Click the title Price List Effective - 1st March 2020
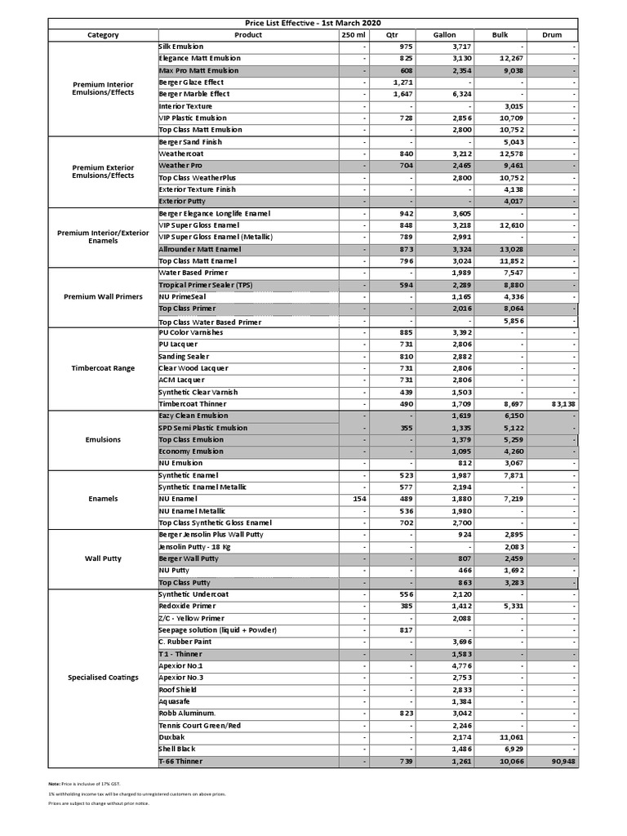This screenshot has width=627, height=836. (x=313, y=23)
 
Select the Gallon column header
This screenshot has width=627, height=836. (x=444, y=35)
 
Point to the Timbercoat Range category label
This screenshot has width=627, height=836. (x=103, y=368)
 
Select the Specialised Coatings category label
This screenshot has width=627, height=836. (x=103, y=678)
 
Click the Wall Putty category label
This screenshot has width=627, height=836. (x=103, y=559)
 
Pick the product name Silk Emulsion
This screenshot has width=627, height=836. (x=181, y=47)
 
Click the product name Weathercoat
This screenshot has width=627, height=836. (x=181, y=153)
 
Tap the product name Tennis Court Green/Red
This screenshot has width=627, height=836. (x=200, y=726)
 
